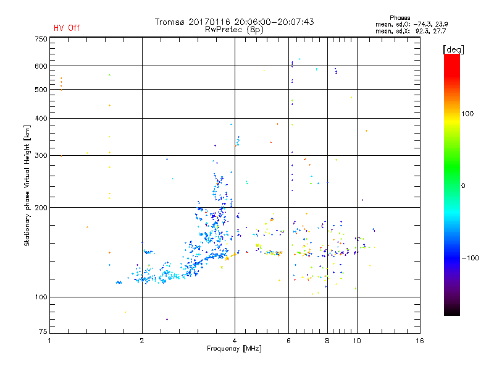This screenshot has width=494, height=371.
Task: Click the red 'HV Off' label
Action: pos(67,28)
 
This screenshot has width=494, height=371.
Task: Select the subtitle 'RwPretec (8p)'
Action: pos(234,29)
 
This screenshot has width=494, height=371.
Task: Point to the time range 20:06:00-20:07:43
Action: pos(271,22)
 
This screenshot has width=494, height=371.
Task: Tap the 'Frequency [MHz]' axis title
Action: pos(234,349)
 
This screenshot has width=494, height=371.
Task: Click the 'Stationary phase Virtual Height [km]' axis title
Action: pos(27,186)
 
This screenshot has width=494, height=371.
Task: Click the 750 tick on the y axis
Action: pos(40,39)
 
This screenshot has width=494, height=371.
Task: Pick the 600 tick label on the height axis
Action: pos(40,66)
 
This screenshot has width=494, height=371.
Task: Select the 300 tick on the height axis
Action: pos(40,156)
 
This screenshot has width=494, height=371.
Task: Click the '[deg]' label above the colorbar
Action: pos(452,49)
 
